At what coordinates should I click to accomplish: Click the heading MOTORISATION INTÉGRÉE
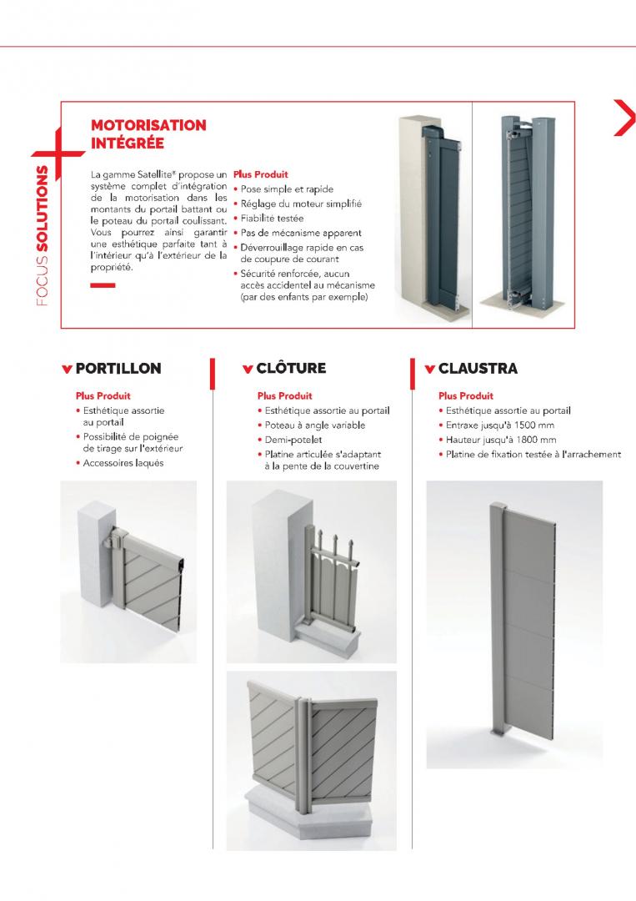pos(148,133)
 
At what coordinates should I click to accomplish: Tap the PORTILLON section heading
pos(118,368)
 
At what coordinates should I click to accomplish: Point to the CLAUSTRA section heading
pos(478,368)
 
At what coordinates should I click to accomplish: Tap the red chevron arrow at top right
pos(623,117)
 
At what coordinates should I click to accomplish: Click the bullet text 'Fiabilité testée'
pos(271,218)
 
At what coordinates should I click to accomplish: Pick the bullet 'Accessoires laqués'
pos(123,462)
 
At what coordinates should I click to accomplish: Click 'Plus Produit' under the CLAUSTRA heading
pos(466,396)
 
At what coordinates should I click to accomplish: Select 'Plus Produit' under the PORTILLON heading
pos(103,396)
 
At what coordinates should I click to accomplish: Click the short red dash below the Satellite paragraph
pos(103,286)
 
